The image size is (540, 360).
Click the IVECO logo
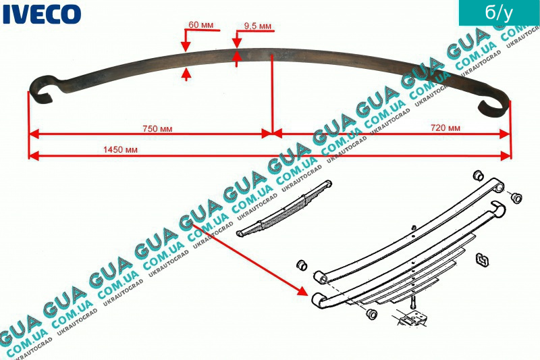(42, 14)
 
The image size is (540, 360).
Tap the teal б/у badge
(499, 13)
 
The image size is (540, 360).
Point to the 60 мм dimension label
(200, 25)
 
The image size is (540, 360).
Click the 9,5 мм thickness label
(258, 26)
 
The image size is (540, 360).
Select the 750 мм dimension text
(157, 129)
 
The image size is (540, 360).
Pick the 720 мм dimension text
(445, 128)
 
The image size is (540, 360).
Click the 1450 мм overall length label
(120, 149)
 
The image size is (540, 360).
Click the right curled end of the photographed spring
(493, 105)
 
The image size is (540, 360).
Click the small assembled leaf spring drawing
(283, 209)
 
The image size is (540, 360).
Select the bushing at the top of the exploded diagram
(478, 176)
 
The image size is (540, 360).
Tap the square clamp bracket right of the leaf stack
(482, 260)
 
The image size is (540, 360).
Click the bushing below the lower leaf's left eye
(371, 314)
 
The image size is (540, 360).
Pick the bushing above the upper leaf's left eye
(302, 265)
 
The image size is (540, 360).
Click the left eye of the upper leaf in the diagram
(320, 278)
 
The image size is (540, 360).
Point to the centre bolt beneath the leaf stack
(413, 303)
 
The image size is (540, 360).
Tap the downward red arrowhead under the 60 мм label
(186, 47)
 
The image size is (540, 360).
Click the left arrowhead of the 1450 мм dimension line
(34, 156)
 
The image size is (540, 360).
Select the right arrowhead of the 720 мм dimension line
(504, 134)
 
